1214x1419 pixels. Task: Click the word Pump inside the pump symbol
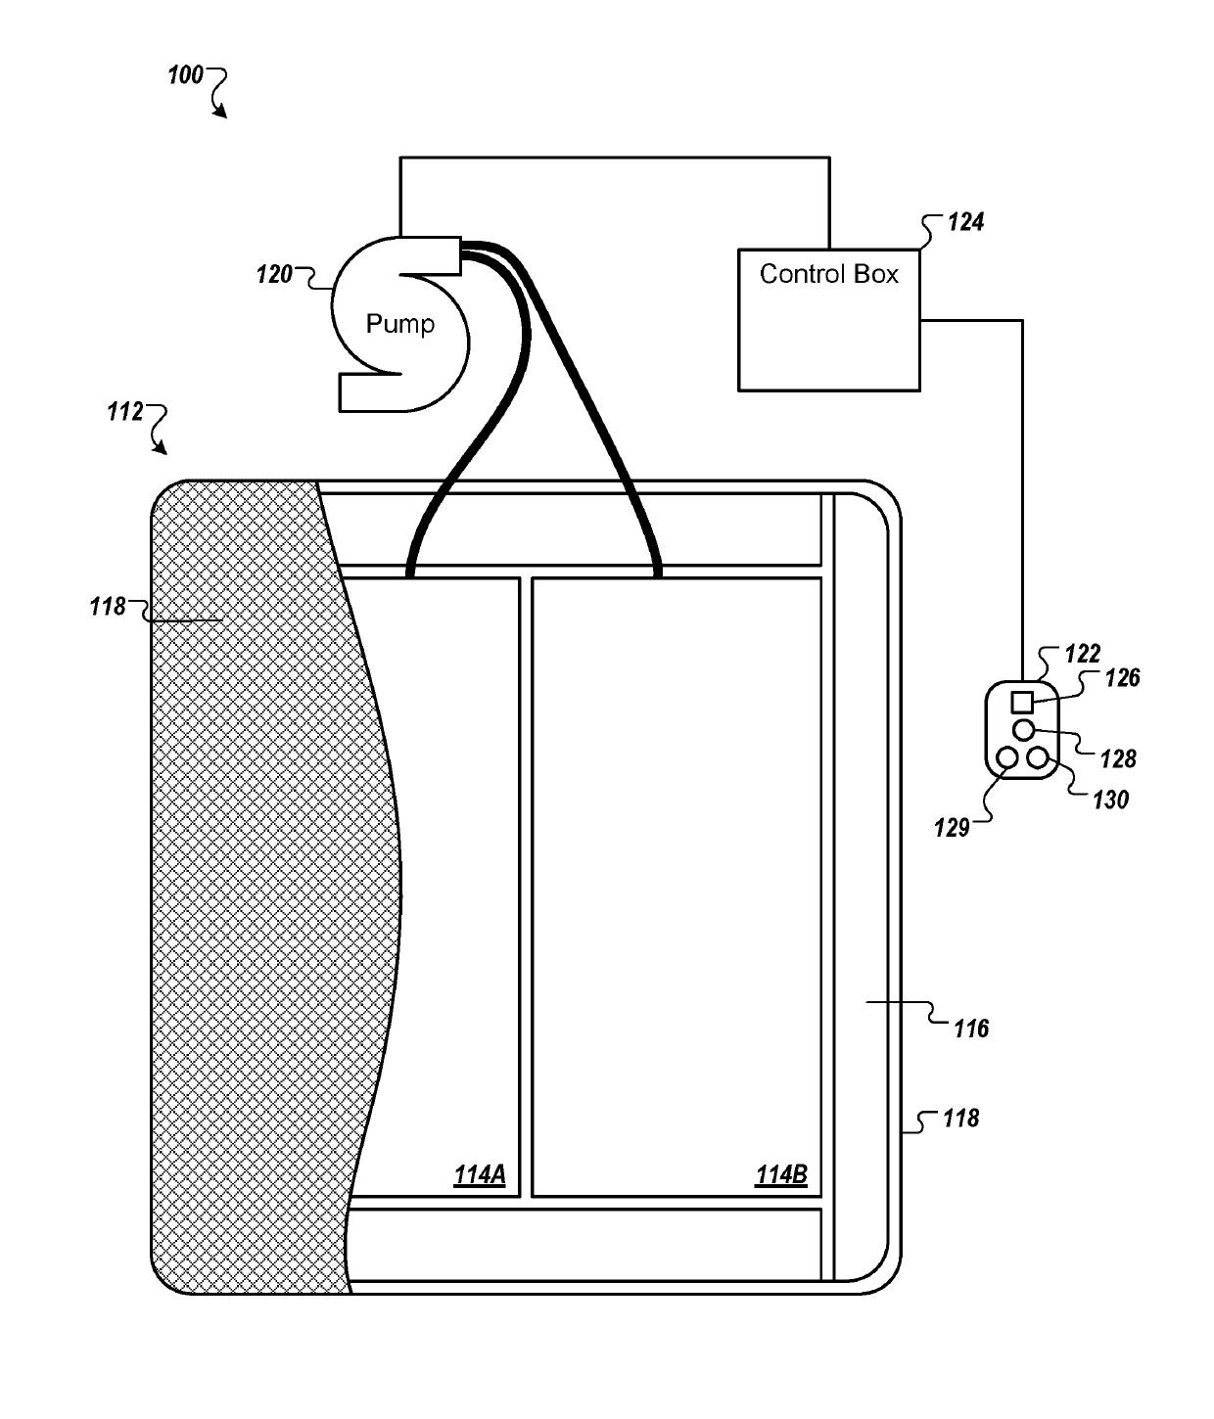(399, 324)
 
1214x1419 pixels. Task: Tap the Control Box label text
(828, 274)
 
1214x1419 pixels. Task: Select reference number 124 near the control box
(965, 222)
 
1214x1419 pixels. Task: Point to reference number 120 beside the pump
(274, 275)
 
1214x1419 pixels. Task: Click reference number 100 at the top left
(185, 75)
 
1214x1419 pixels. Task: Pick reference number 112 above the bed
(125, 412)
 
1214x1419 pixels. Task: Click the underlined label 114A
(479, 1174)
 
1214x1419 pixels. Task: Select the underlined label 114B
(780, 1174)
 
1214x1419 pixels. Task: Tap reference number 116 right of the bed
(971, 1029)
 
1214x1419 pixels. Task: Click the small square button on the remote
(1022, 702)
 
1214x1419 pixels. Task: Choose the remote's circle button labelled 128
(1023, 729)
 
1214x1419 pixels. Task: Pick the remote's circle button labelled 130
(1038, 756)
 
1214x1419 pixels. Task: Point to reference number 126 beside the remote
(1122, 677)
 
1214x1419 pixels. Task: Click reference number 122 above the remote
(1083, 653)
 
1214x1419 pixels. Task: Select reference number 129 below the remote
(951, 828)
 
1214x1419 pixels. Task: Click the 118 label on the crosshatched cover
(108, 607)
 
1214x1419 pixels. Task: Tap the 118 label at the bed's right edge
(960, 1118)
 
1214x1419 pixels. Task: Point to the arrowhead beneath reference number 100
(222, 113)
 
